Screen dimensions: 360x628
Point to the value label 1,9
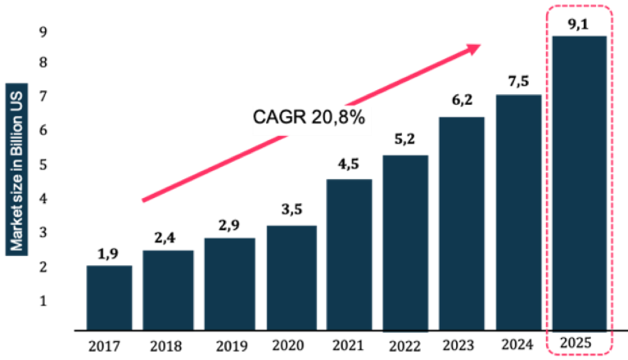point(108,254)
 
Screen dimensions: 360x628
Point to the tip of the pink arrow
point(479,48)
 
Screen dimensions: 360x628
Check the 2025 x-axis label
point(580,342)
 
